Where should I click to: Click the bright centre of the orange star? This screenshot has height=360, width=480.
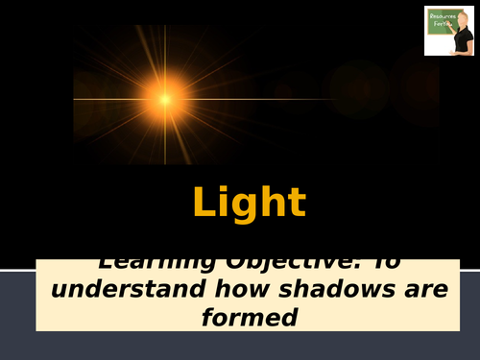[165, 99]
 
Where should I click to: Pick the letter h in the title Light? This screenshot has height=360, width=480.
[275, 203]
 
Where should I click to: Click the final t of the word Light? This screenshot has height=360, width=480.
[297, 204]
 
